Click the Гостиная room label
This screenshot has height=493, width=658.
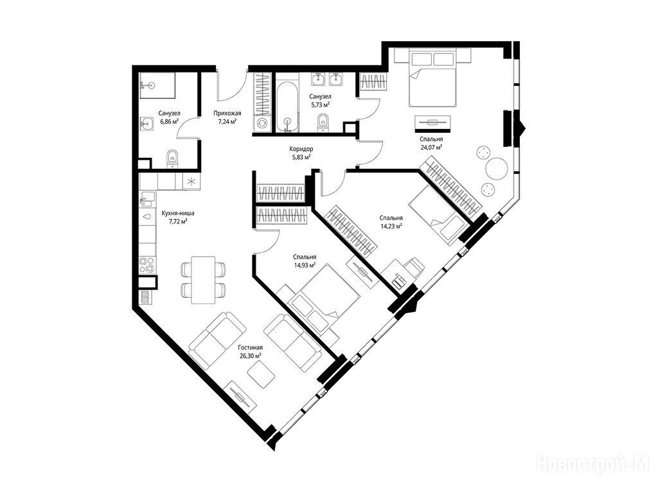250,347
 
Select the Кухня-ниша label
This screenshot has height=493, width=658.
178,213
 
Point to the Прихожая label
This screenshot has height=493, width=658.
227,113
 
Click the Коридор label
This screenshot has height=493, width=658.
301,149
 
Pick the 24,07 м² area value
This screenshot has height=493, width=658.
431,147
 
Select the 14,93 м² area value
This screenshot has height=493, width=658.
305,265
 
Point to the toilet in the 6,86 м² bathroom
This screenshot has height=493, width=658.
172,159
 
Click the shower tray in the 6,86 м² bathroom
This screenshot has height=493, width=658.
157,85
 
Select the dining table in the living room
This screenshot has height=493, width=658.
203,280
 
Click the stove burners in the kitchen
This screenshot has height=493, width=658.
147,264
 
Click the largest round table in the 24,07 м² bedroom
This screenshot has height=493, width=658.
497,168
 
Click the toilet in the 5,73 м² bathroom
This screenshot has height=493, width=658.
323,121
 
